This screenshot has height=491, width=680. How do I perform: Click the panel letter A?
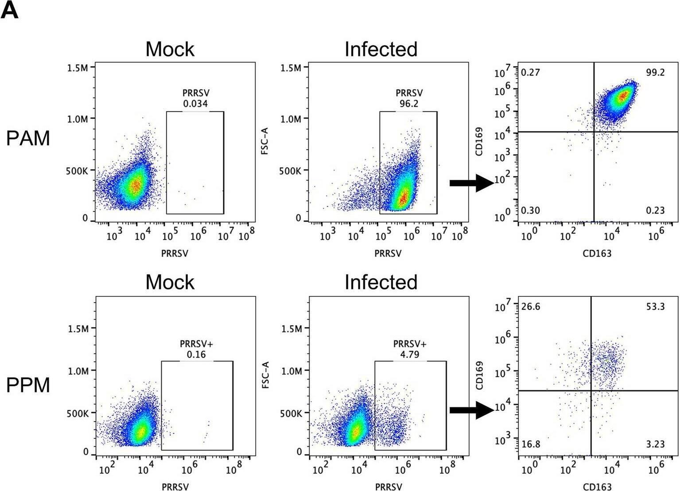point(10,10)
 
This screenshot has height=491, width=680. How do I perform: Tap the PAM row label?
point(28,139)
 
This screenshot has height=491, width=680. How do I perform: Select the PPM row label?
point(28,385)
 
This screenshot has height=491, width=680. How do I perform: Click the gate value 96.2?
point(409,104)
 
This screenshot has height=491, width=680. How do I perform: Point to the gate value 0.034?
point(195,104)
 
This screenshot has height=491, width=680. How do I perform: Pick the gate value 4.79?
point(410,354)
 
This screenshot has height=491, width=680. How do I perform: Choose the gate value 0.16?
point(196,354)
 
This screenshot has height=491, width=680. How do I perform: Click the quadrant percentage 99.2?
point(655,73)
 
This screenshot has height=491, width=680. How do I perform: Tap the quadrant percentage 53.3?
point(655,307)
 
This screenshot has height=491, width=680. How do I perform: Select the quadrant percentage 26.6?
point(531,307)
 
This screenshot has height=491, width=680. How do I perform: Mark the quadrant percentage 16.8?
point(531,444)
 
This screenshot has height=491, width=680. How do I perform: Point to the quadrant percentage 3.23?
point(655,444)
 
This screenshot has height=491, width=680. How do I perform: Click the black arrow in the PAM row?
point(471,183)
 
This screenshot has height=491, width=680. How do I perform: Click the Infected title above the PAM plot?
point(381,49)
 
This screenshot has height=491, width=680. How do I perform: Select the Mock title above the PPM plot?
point(170,282)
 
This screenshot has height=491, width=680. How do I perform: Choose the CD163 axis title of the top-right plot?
point(597,253)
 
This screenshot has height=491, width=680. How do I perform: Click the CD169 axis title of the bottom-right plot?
point(479,375)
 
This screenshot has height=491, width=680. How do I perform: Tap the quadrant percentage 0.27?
point(531,73)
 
